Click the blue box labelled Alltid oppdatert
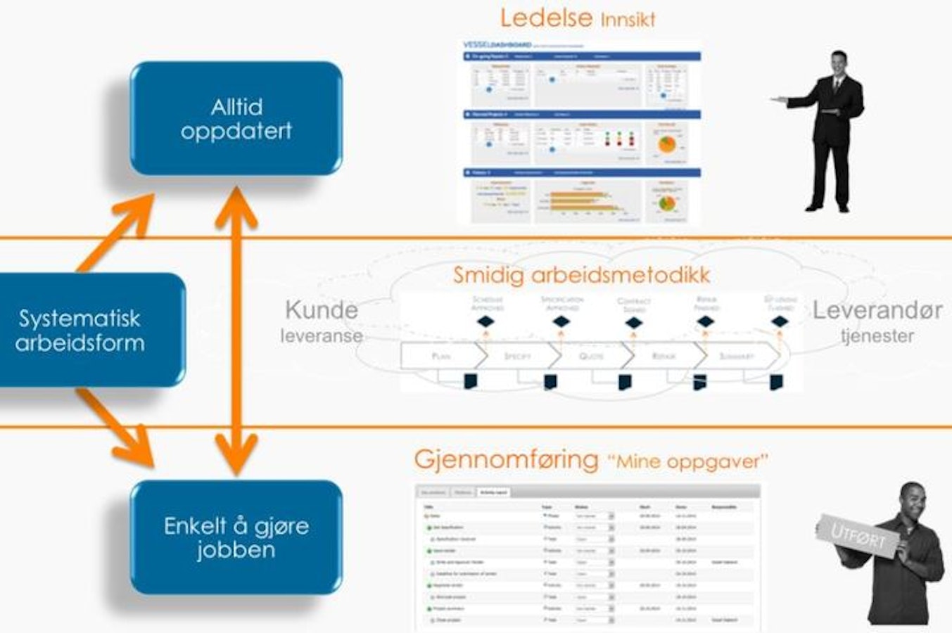[x=236, y=118]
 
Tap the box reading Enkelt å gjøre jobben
[x=236, y=537]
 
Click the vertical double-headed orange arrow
[x=236, y=331]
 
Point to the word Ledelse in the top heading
[x=546, y=18]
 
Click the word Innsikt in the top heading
[x=628, y=20]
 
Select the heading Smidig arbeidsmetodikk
[x=581, y=274]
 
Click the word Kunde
[x=322, y=309]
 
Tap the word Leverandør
[x=877, y=310]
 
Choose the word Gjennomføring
[x=506, y=459]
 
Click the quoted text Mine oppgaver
[x=687, y=462]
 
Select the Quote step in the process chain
[x=591, y=357]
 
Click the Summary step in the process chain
[x=736, y=357]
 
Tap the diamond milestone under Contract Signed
[x=634, y=323]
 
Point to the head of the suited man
[x=839, y=65]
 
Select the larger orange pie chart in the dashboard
[x=666, y=145]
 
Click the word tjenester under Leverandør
[x=877, y=335]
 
